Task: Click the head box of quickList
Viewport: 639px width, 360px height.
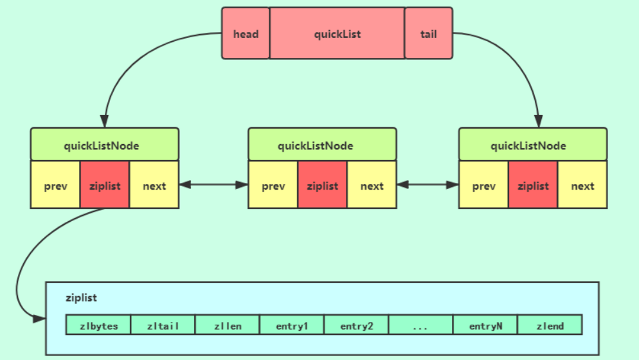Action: point(246,33)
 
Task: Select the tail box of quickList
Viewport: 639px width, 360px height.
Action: point(428,33)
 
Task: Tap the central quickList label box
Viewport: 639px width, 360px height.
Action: point(337,33)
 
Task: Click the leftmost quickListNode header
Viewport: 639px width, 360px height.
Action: point(105,145)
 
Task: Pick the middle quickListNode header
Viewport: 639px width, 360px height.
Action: point(322,145)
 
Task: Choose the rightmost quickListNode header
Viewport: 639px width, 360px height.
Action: point(532,145)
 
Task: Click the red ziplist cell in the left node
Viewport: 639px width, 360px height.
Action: point(105,185)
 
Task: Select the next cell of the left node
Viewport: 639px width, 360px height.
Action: point(154,185)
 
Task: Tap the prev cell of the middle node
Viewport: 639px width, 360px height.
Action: point(273,185)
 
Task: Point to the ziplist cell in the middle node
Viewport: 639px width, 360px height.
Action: point(322,185)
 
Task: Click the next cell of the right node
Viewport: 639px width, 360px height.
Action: point(582,185)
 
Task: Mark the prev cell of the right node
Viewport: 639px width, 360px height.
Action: point(483,185)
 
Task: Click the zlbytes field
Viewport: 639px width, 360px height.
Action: point(98,325)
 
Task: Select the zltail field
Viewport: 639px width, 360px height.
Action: point(163,325)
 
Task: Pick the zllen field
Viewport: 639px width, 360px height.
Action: point(228,325)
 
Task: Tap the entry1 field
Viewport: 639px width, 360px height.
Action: point(292,325)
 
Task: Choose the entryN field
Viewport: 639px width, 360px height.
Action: point(485,325)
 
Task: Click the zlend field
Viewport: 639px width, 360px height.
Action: point(550,325)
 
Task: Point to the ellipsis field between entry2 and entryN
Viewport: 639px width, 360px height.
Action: point(421,325)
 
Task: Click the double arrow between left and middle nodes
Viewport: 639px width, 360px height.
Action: point(213,185)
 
